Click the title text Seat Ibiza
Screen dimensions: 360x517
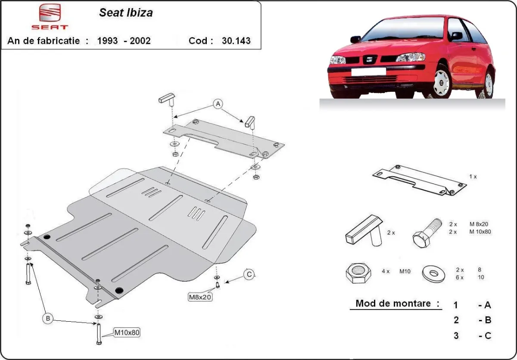click(x=126, y=12)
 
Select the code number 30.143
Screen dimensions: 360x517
click(x=236, y=41)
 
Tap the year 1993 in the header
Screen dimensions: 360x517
click(x=108, y=41)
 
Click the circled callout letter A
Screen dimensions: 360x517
click(x=218, y=104)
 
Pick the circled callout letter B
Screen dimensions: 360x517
click(x=48, y=319)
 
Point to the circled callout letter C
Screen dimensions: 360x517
click(x=249, y=274)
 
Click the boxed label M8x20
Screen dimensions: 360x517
click(x=199, y=297)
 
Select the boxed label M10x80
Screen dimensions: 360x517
click(x=127, y=332)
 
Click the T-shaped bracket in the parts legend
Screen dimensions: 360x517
click(x=365, y=232)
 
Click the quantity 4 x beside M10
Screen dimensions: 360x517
click(x=385, y=272)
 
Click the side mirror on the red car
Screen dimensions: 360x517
click(x=456, y=36)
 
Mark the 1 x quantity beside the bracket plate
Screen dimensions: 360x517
click(x=473, y=177)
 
